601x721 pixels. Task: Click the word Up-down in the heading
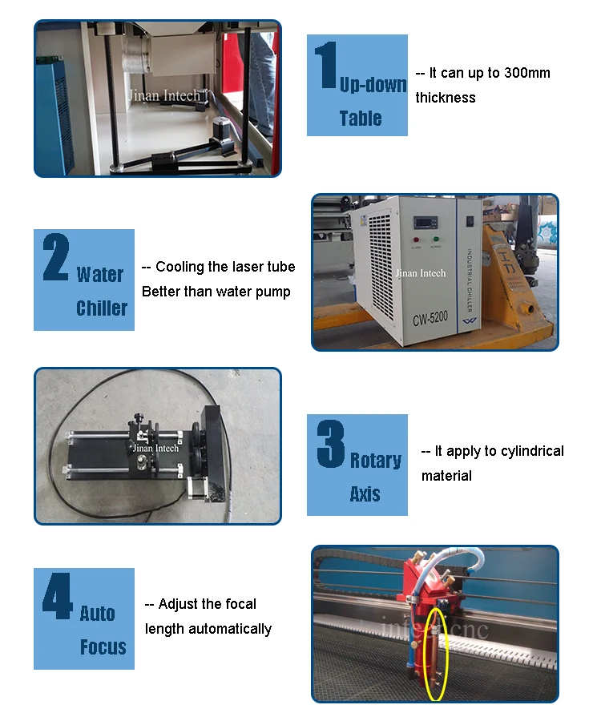click(373, 85)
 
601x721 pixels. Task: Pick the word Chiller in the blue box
click(102, 308)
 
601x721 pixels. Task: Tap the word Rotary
click(375, 461)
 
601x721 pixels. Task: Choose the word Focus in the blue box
click(103, 647)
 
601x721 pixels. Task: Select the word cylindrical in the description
click(532, 451)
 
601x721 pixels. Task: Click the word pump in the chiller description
click(273, 292)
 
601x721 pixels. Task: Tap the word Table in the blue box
click(361, 119)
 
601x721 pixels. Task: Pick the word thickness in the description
click(446, 98)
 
